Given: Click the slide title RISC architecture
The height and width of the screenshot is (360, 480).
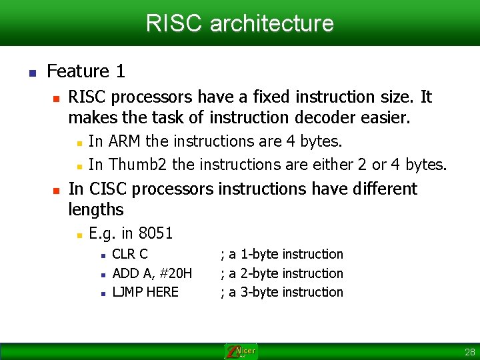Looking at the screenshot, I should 239,23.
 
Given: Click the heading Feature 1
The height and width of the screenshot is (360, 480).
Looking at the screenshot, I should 86,71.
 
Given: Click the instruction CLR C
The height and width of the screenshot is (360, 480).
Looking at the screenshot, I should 130,254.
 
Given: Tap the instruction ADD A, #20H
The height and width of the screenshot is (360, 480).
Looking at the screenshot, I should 152,273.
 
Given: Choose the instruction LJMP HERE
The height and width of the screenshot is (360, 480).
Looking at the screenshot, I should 145,292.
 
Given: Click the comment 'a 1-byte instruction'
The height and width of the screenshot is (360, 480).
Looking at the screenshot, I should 285,254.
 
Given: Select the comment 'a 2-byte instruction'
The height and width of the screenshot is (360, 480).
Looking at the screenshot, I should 285,273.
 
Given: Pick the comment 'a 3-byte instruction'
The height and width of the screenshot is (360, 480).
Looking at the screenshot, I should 285,292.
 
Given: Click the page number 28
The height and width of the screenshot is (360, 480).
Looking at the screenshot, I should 469,352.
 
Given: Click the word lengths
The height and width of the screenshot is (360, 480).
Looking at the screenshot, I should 96,210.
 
